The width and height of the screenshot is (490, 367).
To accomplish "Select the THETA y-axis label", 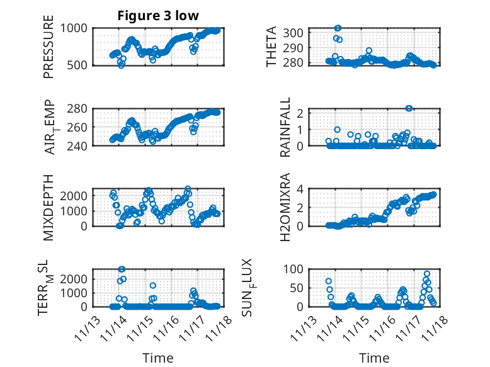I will [x=271, y=46].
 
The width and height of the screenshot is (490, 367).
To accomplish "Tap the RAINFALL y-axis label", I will [x=285, y=127].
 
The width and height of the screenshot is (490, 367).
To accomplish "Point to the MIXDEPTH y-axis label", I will [x=49, y=207].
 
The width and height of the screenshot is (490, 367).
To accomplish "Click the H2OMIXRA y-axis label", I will [x=285, y=207].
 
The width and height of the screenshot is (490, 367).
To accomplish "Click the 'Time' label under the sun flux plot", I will [x=375, y=358].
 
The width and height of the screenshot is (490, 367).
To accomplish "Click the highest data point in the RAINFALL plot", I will [x=409, y=108].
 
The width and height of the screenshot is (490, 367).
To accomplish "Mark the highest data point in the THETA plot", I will [x=338, y=28].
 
